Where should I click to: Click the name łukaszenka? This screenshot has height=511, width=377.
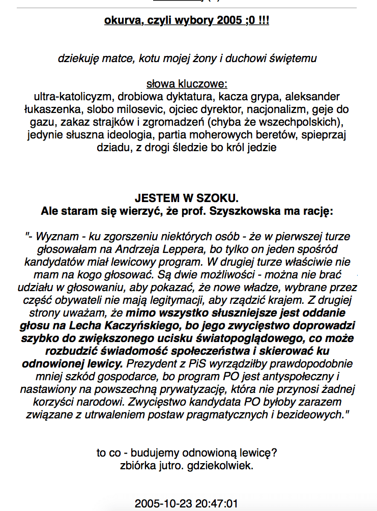[x=50, y=109]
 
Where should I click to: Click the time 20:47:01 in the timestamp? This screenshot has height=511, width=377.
[x=217, y=504]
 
